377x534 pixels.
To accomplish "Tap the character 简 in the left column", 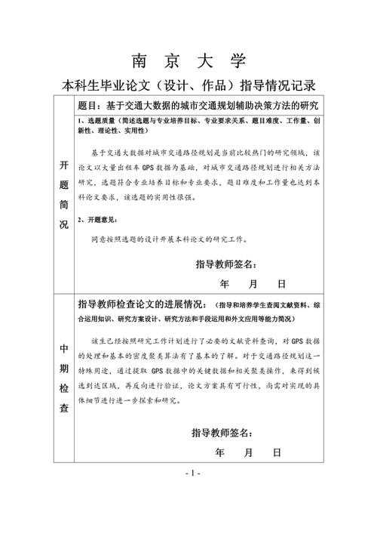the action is [63, 203].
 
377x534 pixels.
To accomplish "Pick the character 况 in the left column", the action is [63, 224].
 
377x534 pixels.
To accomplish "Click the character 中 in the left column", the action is [63, 349].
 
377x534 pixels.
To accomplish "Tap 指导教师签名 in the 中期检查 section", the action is [221, 433].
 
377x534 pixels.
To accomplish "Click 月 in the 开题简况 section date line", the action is [252, 285].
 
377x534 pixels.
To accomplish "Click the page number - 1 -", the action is [192, 474].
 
